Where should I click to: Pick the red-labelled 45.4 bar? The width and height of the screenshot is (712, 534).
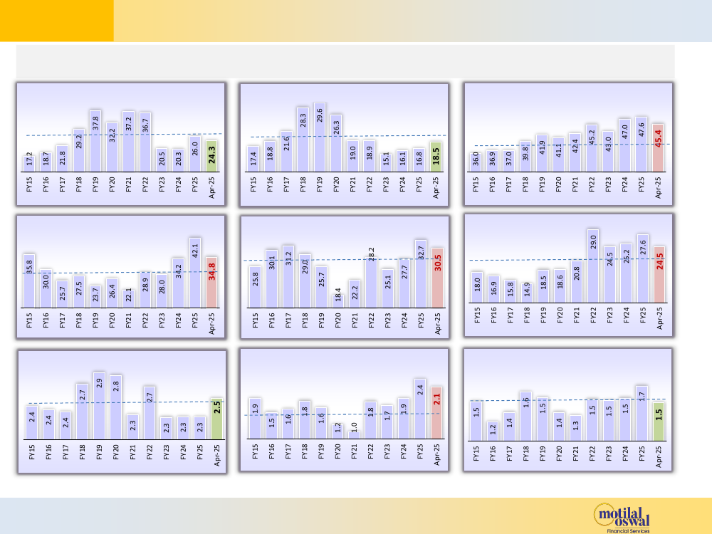point(658,149)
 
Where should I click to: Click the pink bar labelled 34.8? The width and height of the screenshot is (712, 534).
point(211,283)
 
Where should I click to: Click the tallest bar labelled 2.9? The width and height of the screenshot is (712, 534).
point(99,405)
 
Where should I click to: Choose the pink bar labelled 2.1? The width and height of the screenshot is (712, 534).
point(437,413)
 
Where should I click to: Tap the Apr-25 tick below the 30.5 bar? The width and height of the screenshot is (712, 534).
point(438,325)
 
